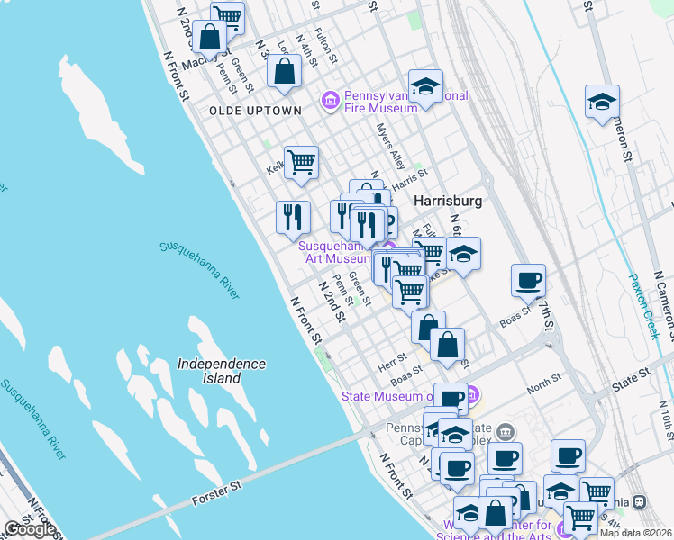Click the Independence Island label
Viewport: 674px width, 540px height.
(x=222, y=371)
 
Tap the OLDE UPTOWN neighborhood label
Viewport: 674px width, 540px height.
(x=255, y=111)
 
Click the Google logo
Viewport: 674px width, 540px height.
(x=30, y=529)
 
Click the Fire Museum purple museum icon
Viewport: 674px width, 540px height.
(x=330, y=100)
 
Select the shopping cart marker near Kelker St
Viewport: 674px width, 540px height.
(x=301, y=163)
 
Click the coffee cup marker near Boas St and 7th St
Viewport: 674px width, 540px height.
(x=528, y=279)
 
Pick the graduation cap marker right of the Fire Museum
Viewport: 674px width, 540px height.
(x=425, y=86)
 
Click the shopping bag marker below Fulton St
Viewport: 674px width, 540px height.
(x=284, y=71)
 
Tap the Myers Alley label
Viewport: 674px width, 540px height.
(x=392, y=146)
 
